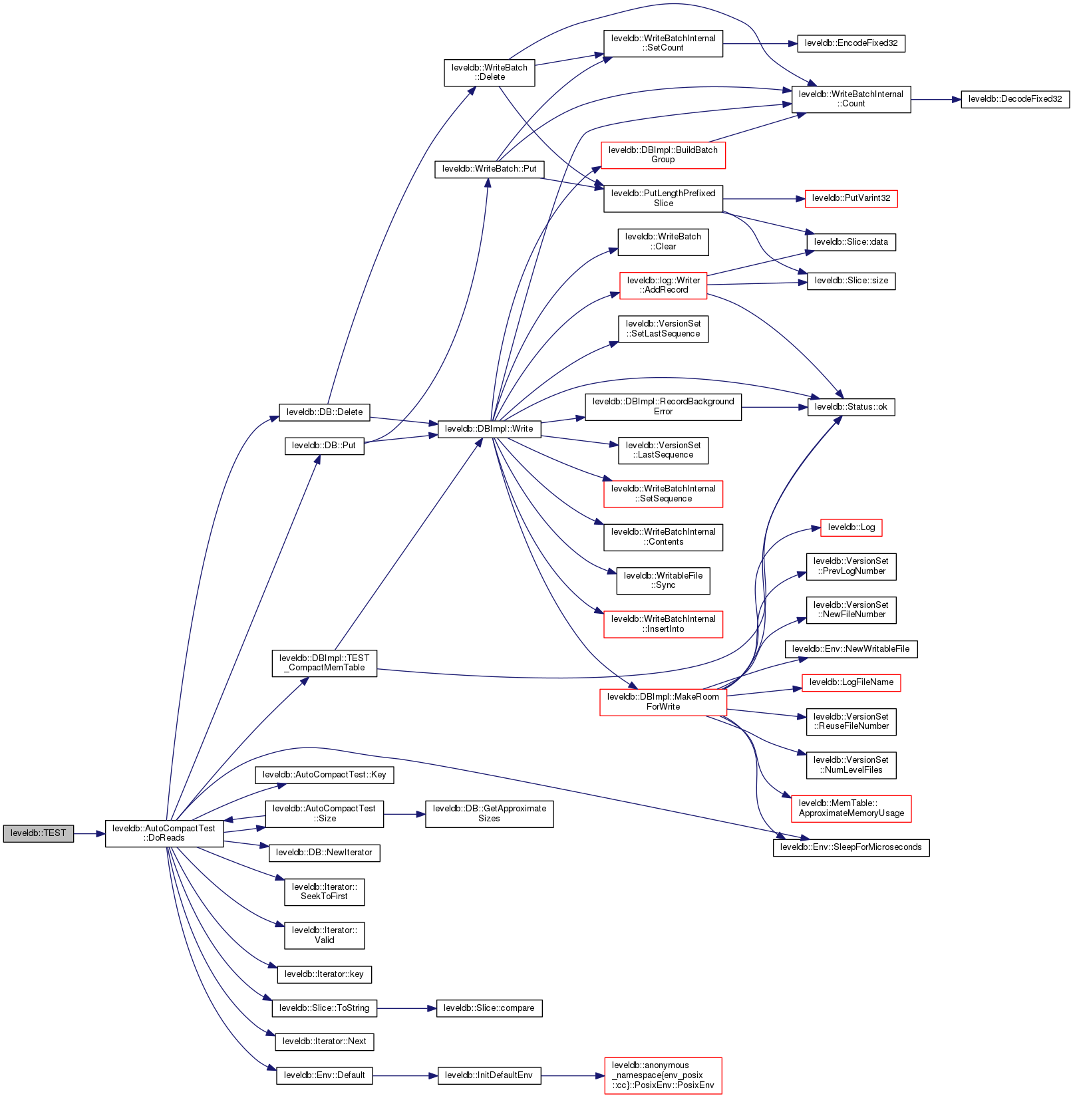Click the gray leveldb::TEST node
click(38, 833)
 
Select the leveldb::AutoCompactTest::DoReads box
click(164, 833)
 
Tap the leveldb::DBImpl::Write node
click(489, 429)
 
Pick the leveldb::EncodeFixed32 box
click(851, 43)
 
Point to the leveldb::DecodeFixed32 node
click(1014, 99)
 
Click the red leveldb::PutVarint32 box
click(851, 198)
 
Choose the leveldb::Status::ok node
click(851, 407)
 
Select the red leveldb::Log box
click(851, 527)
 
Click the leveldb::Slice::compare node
click(489, 1008)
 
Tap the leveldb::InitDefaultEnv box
click(489, 1075)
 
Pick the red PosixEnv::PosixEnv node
click(663, 1075)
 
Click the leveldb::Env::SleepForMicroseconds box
click(851, 847)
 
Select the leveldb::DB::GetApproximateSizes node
click(489, 813)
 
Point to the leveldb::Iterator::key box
click(324, 974)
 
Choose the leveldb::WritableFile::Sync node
click(663, 581)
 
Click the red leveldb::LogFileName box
click(851, 682)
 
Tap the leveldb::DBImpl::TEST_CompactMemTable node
click(324, 663)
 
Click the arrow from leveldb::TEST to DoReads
click(89, 833)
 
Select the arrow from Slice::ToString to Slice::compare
click(406, 1008)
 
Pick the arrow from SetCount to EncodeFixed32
click(759, 44)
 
